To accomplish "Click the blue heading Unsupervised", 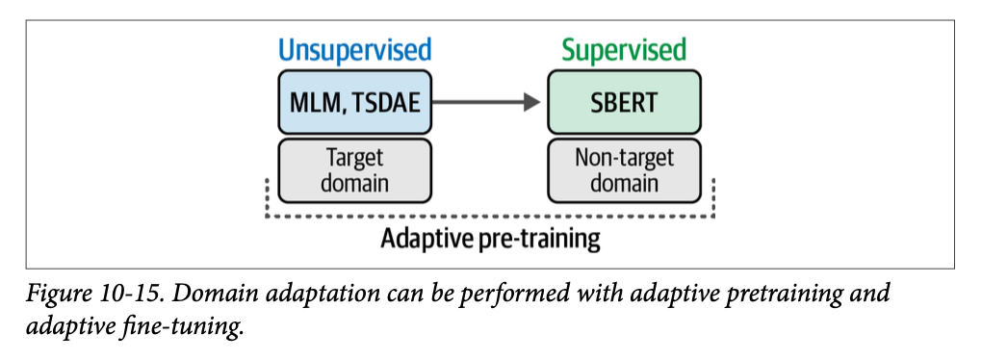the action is [355, 50].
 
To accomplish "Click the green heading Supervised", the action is [624, 50].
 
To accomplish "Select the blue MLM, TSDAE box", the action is [355, 102].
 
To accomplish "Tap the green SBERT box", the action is [625, 102].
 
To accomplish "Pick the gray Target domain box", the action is [355, 170].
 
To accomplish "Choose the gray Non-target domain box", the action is [625, 170].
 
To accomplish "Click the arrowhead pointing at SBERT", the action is [531, 102].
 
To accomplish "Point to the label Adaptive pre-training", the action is [490, 239].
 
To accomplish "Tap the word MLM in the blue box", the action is [318, 103].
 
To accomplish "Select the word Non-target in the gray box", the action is [625, 159].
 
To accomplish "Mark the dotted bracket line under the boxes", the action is [490, 217].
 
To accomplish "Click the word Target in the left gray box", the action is [355, 159].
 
